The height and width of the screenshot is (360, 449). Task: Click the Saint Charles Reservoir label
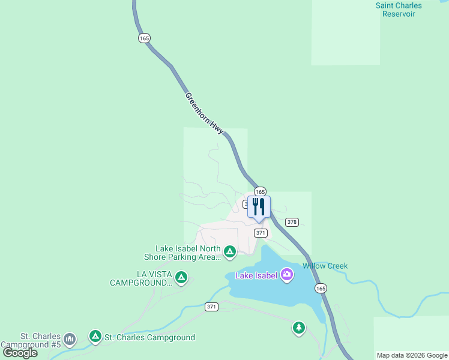(399, 10)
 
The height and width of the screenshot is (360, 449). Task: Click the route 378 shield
(292, 222)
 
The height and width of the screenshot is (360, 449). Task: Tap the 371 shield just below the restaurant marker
(260, 233)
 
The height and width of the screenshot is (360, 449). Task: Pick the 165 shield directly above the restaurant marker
(260, 191)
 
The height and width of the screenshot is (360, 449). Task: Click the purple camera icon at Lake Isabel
(287, 275)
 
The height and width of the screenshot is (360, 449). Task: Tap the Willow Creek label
(325, 266)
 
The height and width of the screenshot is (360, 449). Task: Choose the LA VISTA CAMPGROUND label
(141, 278)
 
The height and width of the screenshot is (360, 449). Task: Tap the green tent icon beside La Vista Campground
(181, 277)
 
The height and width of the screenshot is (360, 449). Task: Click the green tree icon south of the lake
(298, 328)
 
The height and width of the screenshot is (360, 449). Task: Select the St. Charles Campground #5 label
(32, 340)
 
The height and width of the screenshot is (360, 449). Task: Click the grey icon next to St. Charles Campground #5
(70, 340)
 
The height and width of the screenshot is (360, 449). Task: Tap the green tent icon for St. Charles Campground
(95, 337)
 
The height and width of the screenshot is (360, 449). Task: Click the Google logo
(20, 353)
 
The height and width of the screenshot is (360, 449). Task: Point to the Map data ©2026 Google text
(412, 355)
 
